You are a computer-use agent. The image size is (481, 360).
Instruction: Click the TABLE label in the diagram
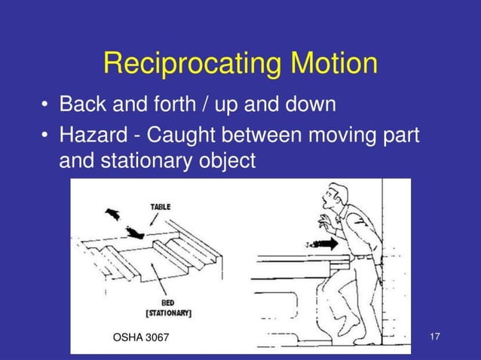tap(160, 206)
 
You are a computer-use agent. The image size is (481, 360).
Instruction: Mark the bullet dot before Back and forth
tap(47, 104)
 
